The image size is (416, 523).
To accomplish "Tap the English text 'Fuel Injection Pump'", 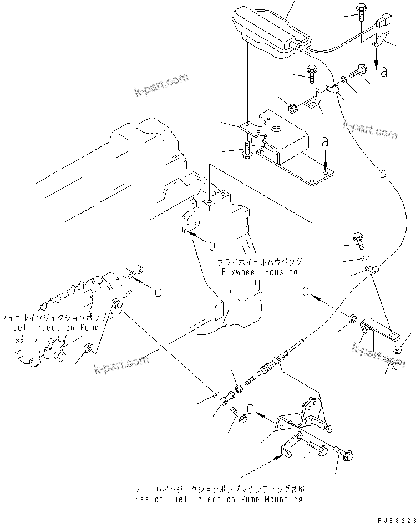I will (54, 327).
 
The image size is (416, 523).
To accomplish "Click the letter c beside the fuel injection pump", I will (158, 291).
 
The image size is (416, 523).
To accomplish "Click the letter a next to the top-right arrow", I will (383, 70).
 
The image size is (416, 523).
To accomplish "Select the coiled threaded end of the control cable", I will (270, 369).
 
